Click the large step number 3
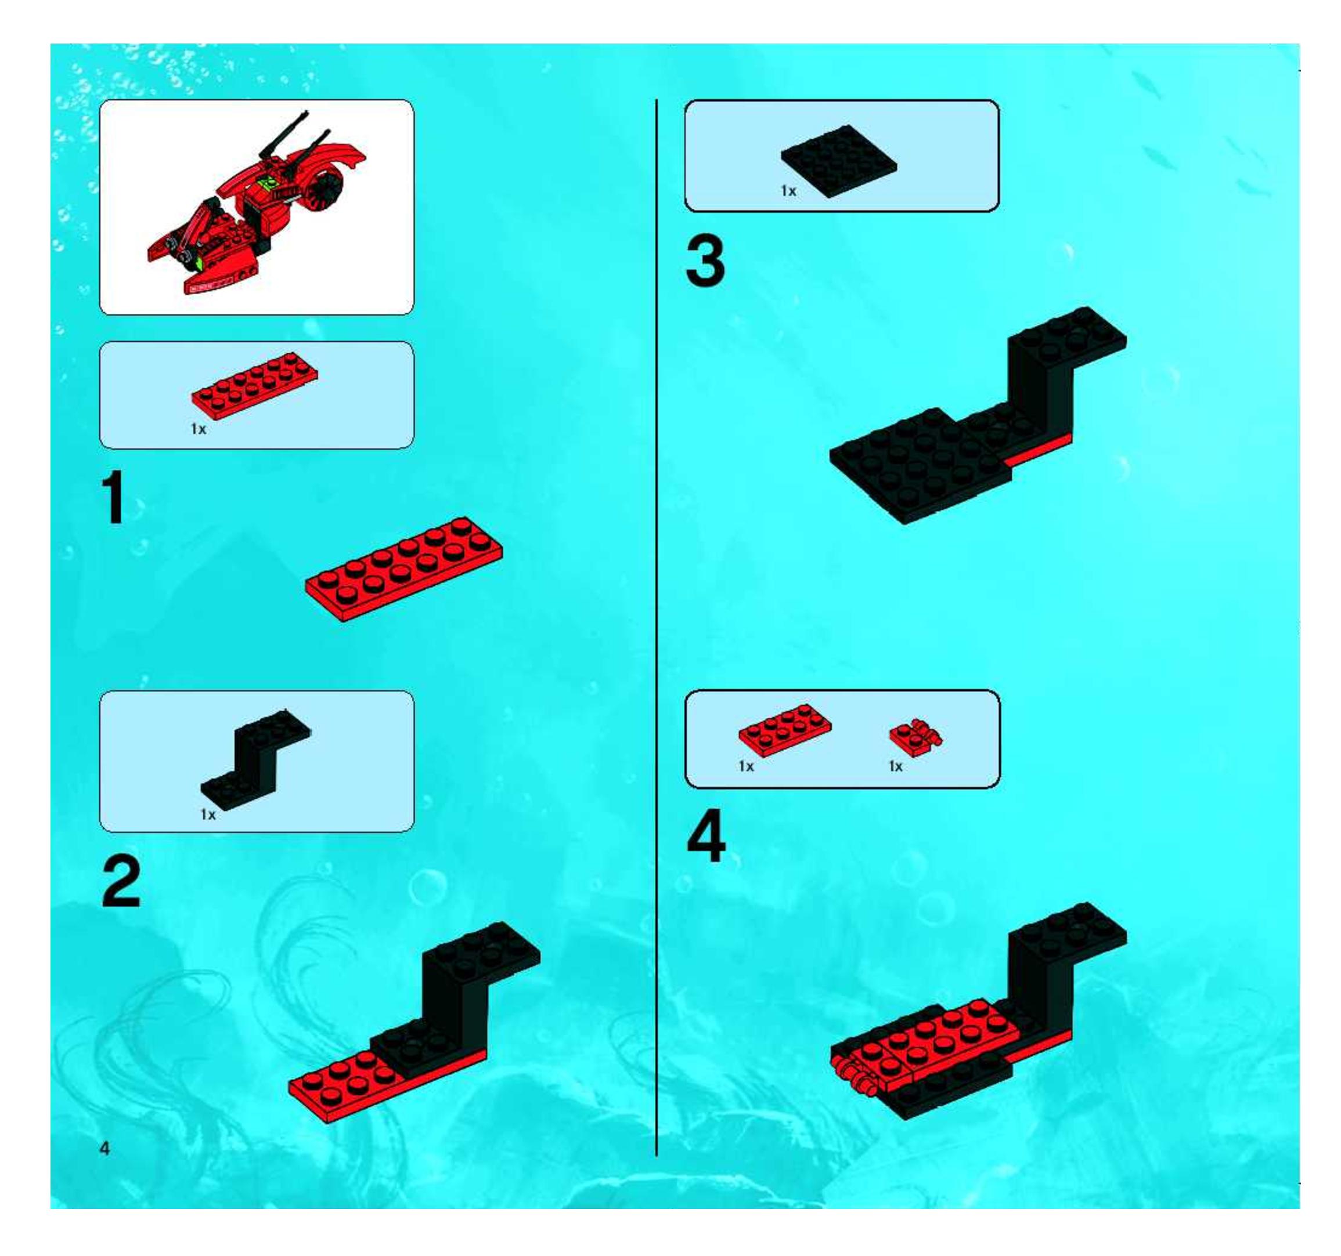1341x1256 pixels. point(705,262)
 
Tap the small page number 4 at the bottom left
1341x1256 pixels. point(104,1148)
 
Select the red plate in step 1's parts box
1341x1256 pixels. point(254,382)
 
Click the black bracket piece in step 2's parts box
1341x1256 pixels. point(255,761)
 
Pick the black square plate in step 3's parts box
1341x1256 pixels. point(839,161)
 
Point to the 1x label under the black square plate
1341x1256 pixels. point(788,191)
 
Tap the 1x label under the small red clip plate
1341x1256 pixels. point(895,766)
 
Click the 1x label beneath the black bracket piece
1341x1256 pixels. point(208,815)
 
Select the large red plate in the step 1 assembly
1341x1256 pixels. point(403,569)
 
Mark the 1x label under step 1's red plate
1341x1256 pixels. point(199,429)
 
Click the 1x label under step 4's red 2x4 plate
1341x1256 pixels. point(745,766)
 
